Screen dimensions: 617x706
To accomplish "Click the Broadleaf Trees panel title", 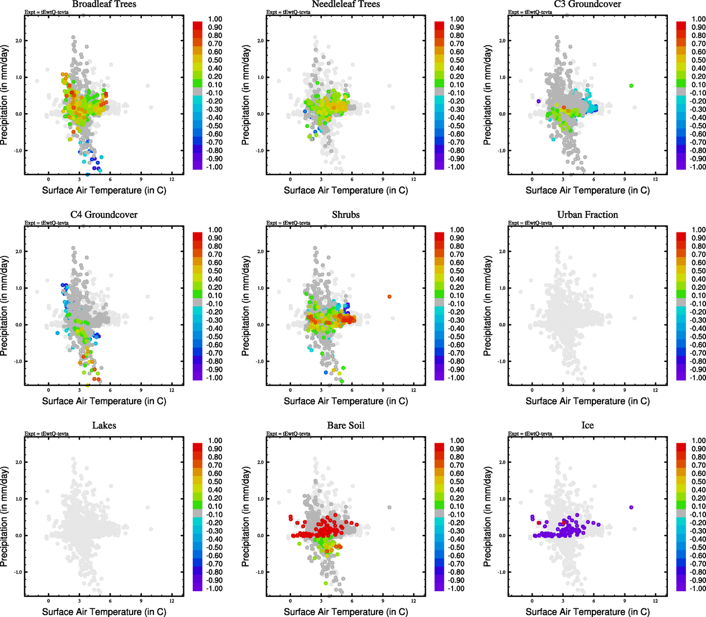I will tap(104, 4).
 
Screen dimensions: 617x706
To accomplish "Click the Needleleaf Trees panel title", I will tap(346, 4).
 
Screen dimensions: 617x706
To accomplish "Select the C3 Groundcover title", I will tap(587, 4).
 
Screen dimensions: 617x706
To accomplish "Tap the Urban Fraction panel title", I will tap(587, 215).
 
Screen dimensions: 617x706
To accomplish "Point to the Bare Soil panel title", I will tap(346, 426).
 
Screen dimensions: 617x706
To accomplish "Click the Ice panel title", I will tap(587, 426).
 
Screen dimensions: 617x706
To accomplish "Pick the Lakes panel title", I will tap(104, 426).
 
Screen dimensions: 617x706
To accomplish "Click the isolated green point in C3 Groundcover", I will tap(631, 86).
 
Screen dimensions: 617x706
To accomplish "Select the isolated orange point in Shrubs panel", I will tap(389, 297).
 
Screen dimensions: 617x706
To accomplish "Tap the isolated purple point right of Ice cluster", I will tap(631, 507).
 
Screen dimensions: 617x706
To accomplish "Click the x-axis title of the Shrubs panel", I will tap(346, 401).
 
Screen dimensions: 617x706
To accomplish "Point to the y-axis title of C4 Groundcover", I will tap(5, 306).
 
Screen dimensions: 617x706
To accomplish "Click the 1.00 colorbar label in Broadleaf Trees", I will tap(215, 19).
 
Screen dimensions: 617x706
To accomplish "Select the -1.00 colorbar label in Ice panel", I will tap(698, 589).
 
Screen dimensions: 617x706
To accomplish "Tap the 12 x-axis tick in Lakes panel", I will tap(172, 601).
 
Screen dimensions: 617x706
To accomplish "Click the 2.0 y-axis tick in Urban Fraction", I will tap(502, 252).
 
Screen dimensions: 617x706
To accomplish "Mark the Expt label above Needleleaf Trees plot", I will tap(288, 12).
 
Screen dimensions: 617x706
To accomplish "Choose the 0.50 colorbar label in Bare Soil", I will tap(457, 482).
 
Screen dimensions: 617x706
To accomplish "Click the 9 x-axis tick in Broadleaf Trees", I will tap(141, 179).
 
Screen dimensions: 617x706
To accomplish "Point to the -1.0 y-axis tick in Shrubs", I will tap(260, 361).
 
